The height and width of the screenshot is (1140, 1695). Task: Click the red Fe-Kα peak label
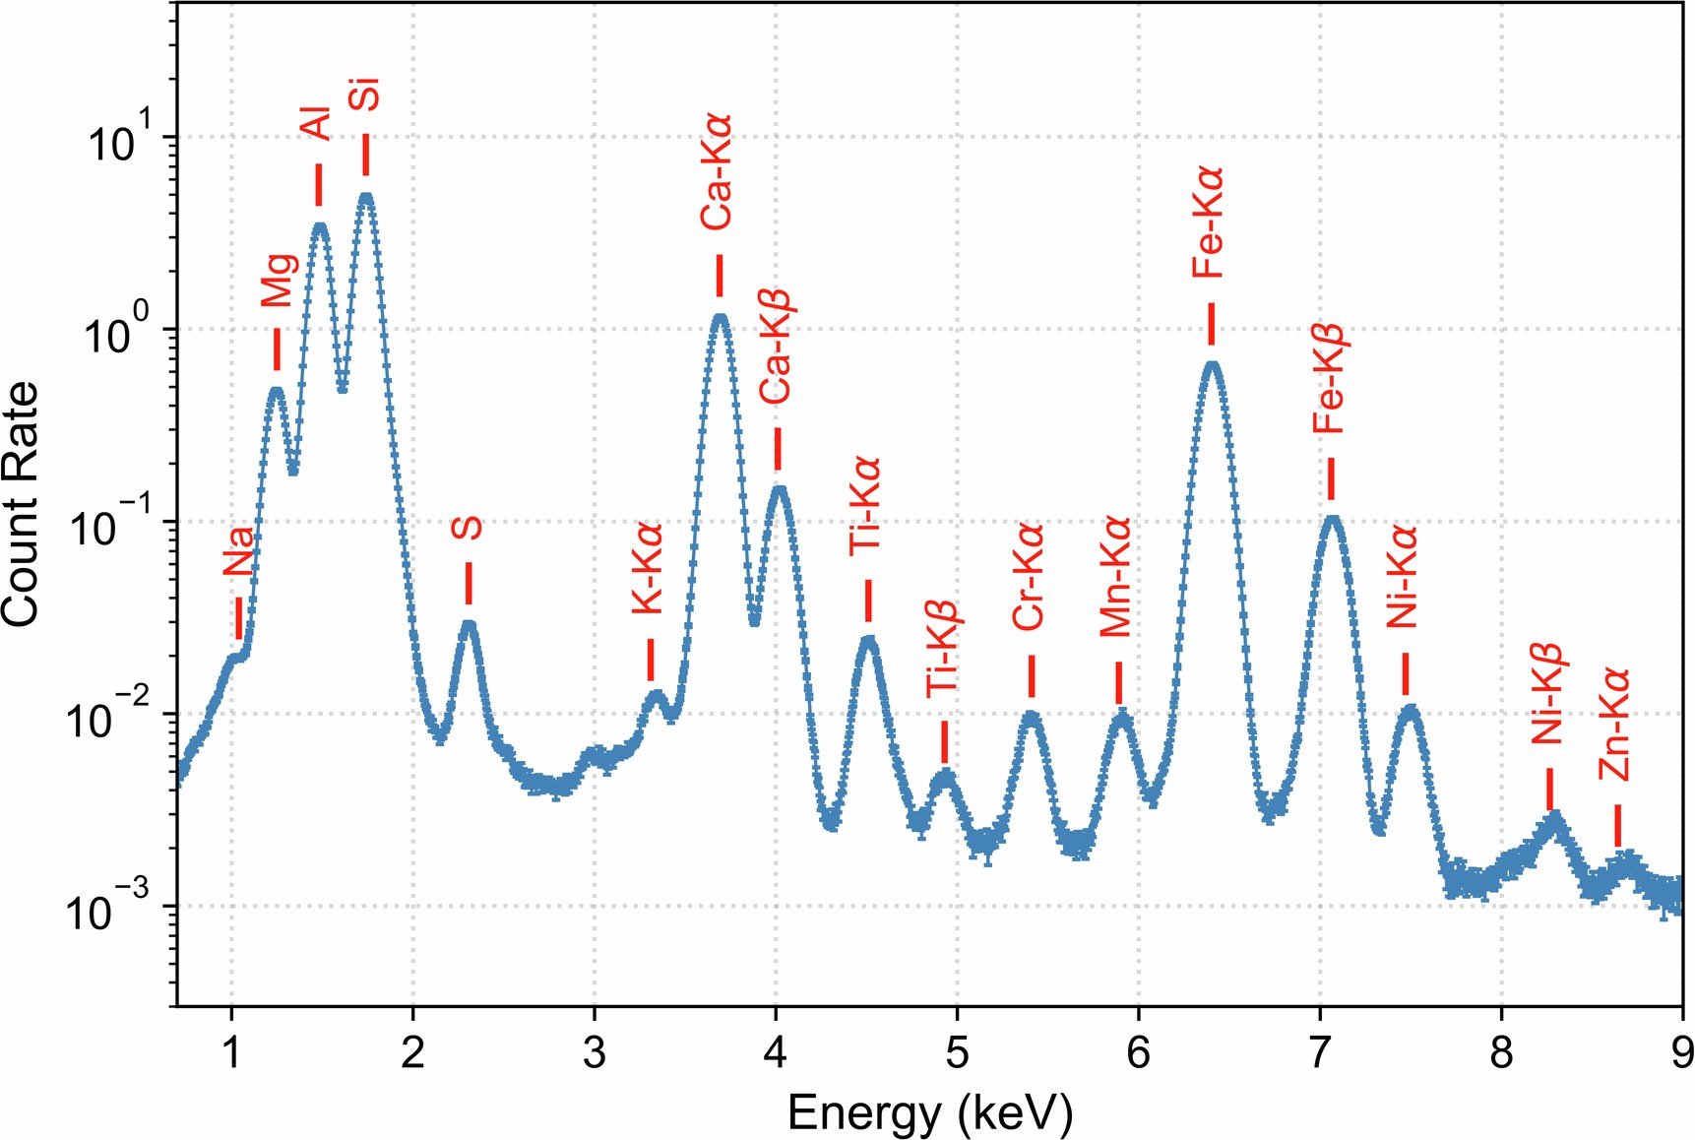[1207, 222]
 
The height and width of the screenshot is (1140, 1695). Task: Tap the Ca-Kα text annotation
[717, 173]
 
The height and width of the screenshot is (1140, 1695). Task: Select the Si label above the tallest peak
[365, 95]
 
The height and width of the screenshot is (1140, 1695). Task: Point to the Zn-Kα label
[1614, 725]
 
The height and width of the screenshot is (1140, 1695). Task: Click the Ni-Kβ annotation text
[1546, 693]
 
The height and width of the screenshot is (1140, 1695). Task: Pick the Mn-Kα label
[1116, 577]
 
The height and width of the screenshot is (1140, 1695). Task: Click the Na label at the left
[238, 551]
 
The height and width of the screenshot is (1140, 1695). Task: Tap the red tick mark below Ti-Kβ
[944, 741]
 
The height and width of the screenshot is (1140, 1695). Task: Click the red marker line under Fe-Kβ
[1331, 478]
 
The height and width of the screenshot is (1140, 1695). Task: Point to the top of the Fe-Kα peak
[1213, 365]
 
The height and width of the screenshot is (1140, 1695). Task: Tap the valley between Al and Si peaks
[343, 390]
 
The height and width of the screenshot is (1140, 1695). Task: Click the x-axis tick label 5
[957, 1053]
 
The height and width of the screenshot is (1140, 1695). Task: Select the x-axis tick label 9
[1681, 1053]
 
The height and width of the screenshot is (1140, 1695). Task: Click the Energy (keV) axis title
[929, 1113]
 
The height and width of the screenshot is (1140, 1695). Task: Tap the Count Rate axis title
[22, 504]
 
